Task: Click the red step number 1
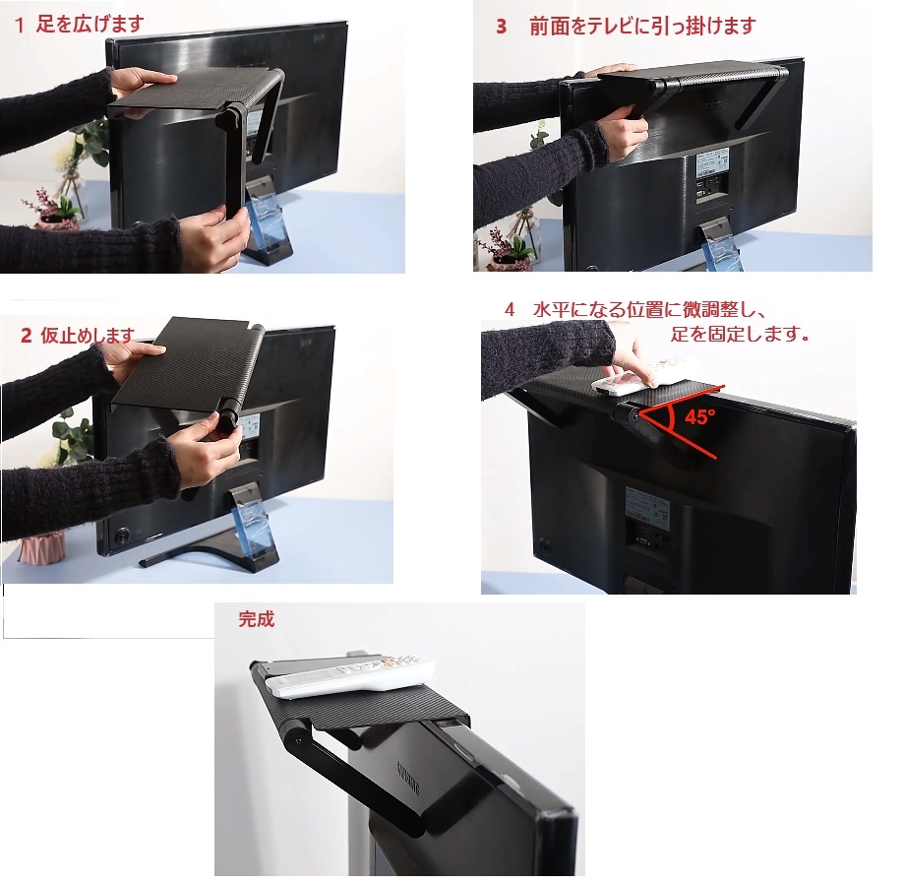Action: pos(20,26)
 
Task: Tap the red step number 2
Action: pos(26,336)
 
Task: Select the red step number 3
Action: pos(501,26)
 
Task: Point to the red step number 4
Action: pos(510,309)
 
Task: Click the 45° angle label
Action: pos(700,416)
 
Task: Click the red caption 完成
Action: pos(256,619)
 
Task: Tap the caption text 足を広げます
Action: pos(90,25)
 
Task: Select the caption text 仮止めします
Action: pos(88,336)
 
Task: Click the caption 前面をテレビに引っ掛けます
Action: pos(642,26)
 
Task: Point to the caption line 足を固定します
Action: pos(740,334)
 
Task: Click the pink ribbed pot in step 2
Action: pos(41,547)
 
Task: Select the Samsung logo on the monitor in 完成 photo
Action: pos(407,779)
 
